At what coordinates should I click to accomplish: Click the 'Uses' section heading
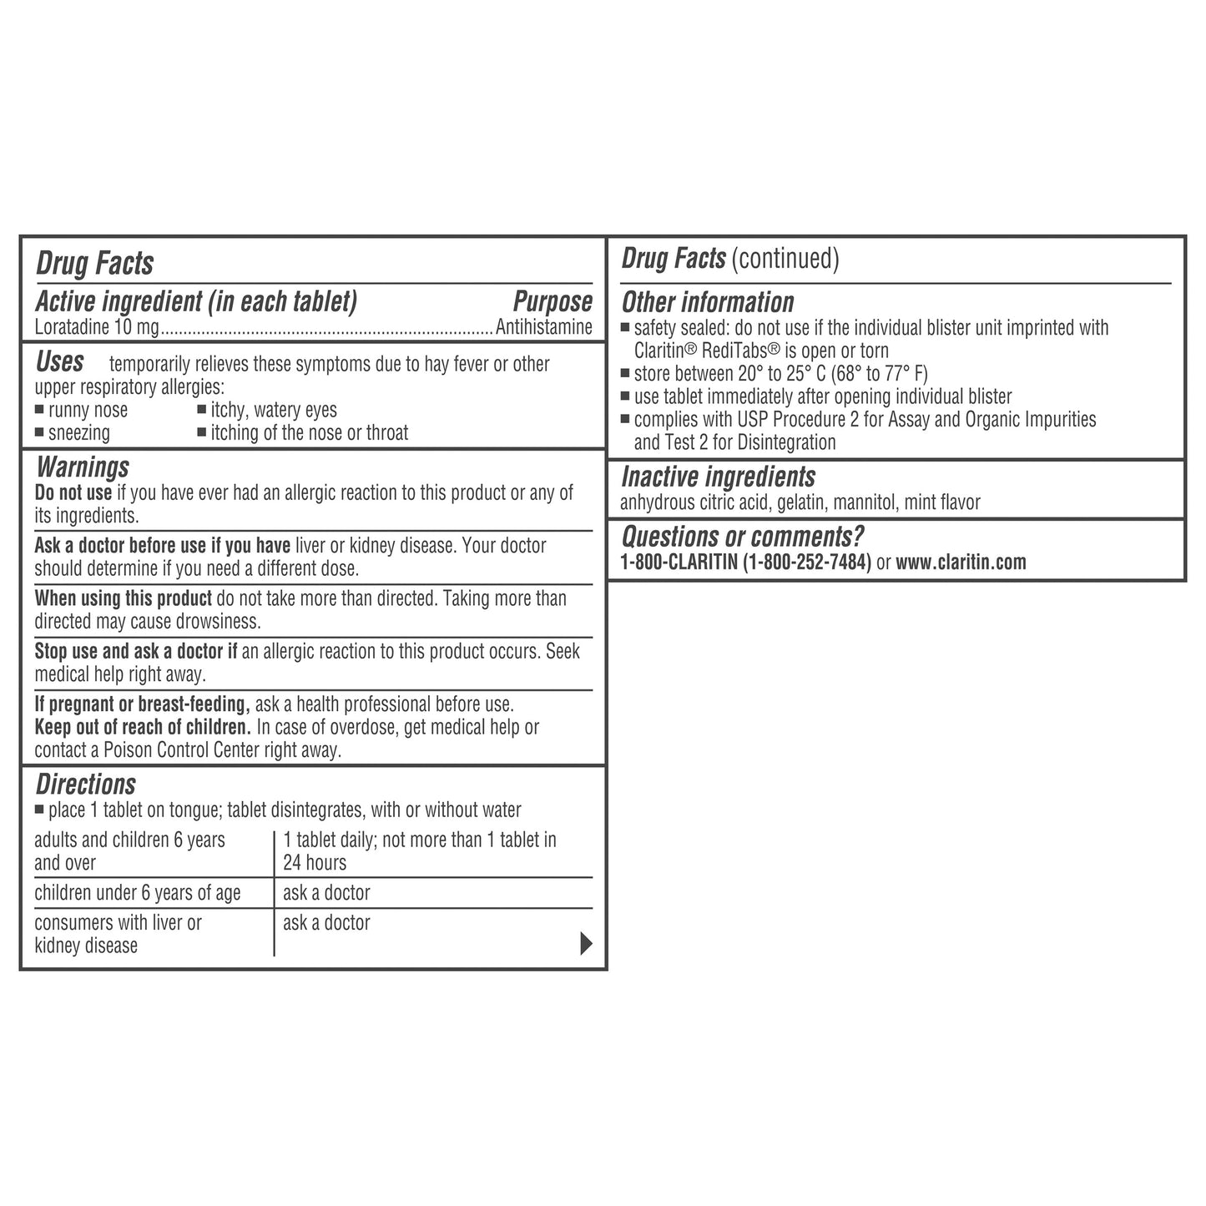(x=59, y=362)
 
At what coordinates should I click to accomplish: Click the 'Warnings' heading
(x=83, y=467)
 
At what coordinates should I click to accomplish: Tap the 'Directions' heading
(x=85, y=785)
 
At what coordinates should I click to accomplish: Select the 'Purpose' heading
(x=553, y=302)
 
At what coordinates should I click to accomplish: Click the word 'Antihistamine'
(x=544, y=327)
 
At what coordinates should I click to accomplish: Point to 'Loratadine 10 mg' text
(x=96, y=327)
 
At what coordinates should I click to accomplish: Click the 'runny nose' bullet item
(x=88, y=411)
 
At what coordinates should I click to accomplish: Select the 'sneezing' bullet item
(x=78, y=433)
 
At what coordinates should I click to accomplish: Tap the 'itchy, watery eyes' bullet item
(x=273, y=411)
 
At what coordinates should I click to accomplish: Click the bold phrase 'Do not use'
(x=73, y=493)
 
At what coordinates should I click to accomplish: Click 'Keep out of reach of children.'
(x=143, y=728)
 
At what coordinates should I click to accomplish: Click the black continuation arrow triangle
(x=586, y=944)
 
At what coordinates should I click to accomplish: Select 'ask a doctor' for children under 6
(x=326, y=893)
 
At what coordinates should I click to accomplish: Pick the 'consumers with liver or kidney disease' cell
(x=118, y=934)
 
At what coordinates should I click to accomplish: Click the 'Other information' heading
(x=708, y=302)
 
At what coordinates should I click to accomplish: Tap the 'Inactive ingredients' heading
(x=718, y=477)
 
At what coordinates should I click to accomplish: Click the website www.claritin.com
(x=961, y=563)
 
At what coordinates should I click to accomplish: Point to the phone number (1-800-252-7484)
(x=806, y=563)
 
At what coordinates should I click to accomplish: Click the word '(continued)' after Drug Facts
(x=785, y=259)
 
